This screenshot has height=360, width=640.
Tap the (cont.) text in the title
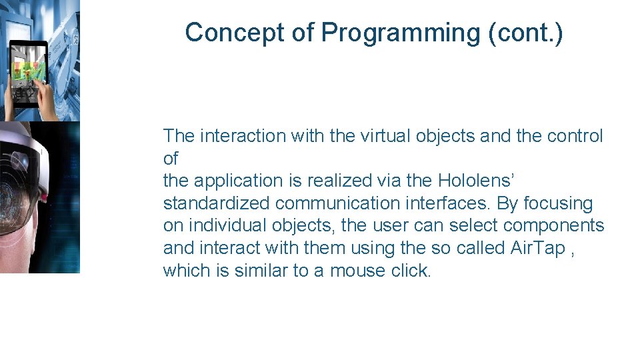pos(525,33)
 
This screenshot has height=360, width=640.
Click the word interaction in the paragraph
pos(241,136)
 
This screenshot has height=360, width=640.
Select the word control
pos(575,136)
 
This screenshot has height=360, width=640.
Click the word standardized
pos(216,203)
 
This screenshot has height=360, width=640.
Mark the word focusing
pos(559,203)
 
